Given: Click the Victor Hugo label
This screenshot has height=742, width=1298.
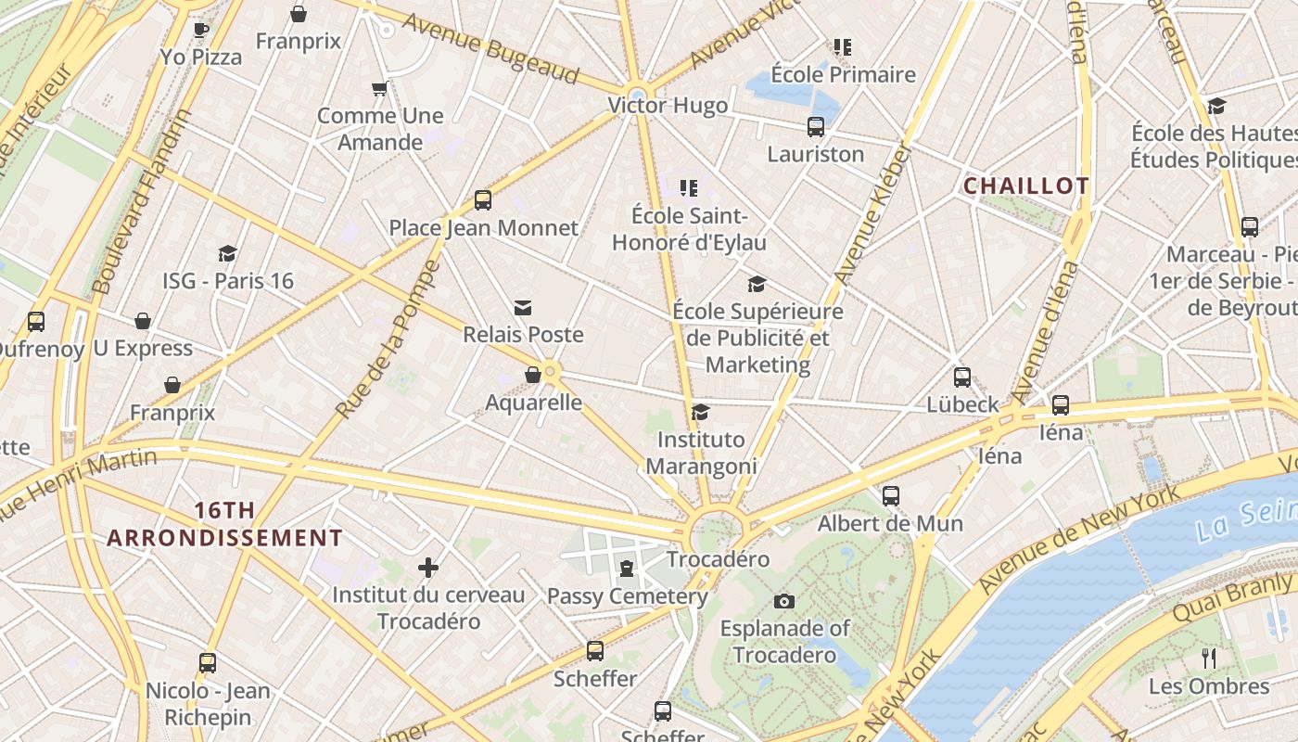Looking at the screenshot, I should click(668, 106).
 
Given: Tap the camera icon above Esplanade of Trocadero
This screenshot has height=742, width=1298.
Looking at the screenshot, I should click(784, 601).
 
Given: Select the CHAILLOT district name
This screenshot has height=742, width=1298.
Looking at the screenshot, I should click(1025, 185).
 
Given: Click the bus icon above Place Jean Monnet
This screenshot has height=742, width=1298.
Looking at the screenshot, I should click(482, 199).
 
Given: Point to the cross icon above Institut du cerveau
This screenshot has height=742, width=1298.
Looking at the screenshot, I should click(428, 567).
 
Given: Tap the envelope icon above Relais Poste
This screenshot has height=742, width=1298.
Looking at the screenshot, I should click(523, 307).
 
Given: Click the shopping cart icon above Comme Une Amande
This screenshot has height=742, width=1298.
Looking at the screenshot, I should click(379, 89).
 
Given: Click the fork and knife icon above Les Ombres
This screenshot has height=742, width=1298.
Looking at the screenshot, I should click(1209, 659).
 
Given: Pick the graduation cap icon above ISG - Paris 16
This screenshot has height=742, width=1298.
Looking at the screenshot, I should click(227, 253).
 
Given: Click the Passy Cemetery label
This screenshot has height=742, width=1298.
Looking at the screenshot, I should click(627, 595).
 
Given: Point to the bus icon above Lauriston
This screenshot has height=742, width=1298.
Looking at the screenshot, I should click(816, 127).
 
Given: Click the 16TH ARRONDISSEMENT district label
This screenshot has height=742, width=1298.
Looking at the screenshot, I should click(224, 524).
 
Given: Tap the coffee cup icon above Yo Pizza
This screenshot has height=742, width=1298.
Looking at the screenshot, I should click(200, 30).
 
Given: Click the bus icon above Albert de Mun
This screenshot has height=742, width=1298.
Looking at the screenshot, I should click(891, 495).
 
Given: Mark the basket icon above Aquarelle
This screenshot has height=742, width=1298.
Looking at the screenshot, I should click(533, 375).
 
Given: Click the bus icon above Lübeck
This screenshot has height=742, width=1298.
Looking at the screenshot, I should click(962, 377).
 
